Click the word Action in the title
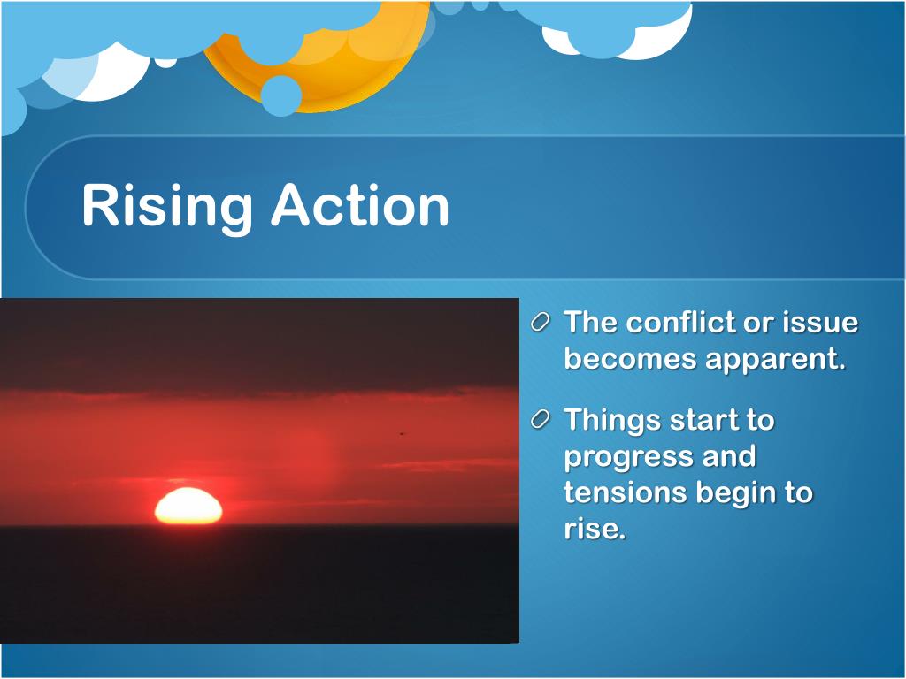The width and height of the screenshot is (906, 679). click(361, 205)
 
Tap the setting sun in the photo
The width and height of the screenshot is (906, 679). click(188, 507)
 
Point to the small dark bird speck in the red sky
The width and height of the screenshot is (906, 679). click(402, 432)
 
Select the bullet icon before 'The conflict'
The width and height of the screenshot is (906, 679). click(540, 322)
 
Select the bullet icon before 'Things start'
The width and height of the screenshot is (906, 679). click(540, 420)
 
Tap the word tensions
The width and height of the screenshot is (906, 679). click(626, 492)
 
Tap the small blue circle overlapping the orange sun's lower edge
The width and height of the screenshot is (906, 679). click(280, 95)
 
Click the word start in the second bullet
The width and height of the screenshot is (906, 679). click(703, 420)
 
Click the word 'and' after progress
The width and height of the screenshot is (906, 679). click(729, 455)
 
